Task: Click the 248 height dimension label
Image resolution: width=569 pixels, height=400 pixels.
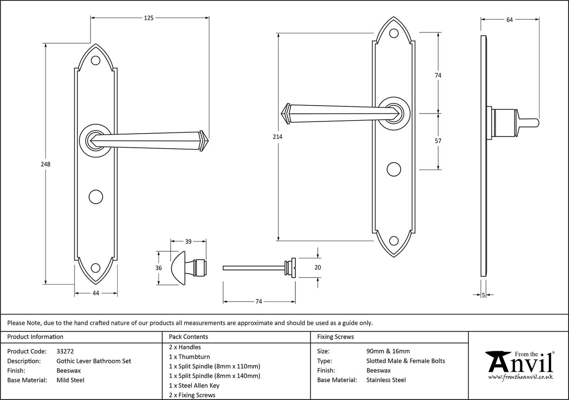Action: pyautogui.click(x=45, y=165)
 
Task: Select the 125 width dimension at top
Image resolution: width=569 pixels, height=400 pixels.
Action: pyautogui.click(x=149, y=18)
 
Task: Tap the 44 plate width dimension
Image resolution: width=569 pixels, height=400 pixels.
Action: pyautogui.click(x=96, y=293)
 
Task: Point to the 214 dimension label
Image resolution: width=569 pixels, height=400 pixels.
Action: pyautogui.click(x=278, y=136)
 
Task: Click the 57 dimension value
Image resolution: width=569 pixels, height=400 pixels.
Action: pyautogui.click(x=438, y=141)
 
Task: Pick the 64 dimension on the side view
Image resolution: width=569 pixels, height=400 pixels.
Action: pyautogui.click(x=510, y=20)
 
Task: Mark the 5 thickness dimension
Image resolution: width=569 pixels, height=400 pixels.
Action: pyautogui.click(x=483, y=295)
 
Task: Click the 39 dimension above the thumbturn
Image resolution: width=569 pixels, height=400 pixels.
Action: pyautogui.click(x=188, y=242)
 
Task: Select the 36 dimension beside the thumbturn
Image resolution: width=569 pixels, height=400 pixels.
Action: pyautogui.click(x=158, y=268)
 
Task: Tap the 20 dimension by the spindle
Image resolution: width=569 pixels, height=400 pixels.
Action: pyautogui.click(x=318, y=267)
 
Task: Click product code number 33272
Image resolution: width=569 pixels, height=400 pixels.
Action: pyautogui.click(x=65, y=351)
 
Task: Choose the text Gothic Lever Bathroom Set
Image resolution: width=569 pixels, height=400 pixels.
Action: pyautogui.click(x=94, y=361)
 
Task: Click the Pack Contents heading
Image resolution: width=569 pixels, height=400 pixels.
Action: pyautogui.click(x=188, y=337)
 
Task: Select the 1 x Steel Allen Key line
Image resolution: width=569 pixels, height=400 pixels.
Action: pyautogui.click(x=194, y=385)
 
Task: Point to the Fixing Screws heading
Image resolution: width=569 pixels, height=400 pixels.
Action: pyautogui.click(x=336, y=337)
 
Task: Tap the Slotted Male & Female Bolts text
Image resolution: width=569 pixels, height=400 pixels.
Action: pyautogui.click(x=405, y=361)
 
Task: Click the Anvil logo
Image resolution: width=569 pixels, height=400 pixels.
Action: pyautogui.click(x=519, y=365)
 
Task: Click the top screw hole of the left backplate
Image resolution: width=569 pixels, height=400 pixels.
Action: pyautogui.click(x=96, y=61)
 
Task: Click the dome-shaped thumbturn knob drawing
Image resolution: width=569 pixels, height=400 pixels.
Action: pyautogui.click(x=180, y=268)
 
